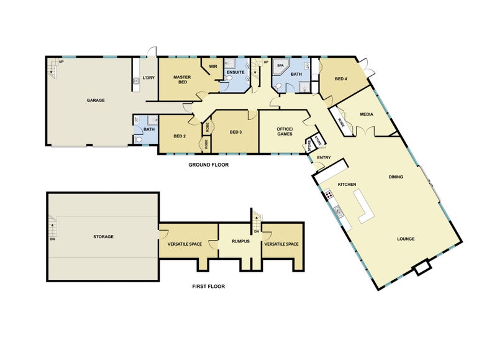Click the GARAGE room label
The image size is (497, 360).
point(95,100)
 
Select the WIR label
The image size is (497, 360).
point(212,67)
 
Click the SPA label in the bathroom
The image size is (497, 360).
point(280,65)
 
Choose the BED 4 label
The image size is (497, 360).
point(341,78)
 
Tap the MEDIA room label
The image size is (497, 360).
point(365,114)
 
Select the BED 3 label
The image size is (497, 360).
point(235,132)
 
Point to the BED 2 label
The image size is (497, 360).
point(180,136)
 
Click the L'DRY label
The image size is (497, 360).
point(148,78)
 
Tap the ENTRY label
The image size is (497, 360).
point(324,157)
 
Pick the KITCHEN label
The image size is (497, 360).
point(346,185)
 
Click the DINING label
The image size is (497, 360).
point(396,177)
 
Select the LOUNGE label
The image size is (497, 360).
point(406,239)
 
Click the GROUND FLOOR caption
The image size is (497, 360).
point(209,165)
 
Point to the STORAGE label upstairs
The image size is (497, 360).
point(103,237)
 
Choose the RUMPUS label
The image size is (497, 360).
point(240,241)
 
